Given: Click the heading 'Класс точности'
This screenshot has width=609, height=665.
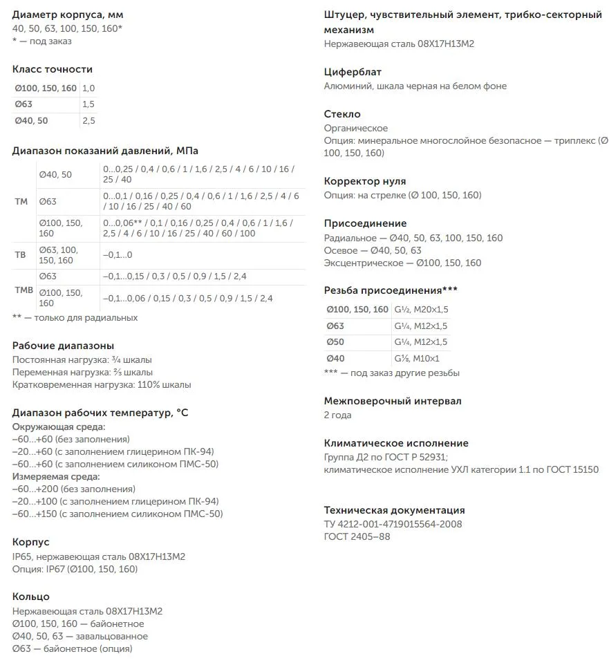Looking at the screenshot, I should point(53,69).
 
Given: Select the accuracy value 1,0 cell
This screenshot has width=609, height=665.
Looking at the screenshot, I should point(88,88).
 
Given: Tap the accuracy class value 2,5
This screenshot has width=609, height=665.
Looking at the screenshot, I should point(88,121).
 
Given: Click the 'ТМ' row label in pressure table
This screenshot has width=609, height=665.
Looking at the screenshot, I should point(21,201).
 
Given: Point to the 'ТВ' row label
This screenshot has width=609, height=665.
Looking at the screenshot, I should point(20,255).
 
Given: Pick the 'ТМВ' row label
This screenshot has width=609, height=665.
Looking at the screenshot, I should point(24,290).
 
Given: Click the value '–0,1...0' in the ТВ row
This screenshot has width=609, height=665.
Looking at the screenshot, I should point(118,255).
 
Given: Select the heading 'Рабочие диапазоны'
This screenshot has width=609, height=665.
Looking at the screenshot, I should point(63,346).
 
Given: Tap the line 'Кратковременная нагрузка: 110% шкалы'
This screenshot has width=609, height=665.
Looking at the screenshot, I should point(102,385).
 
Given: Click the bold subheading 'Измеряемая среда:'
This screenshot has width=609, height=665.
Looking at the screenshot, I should point(56,476).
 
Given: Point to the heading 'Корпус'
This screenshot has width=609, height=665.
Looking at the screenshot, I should point(31,542).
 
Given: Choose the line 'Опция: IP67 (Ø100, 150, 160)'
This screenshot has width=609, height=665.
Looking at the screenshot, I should point(75,569).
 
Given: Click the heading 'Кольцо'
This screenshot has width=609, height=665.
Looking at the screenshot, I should point(31,597).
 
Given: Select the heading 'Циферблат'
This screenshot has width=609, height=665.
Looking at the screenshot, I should point(353,72).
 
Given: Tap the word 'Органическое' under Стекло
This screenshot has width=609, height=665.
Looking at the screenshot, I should point(356,128).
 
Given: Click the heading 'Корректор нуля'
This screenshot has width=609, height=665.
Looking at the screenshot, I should point(365,181).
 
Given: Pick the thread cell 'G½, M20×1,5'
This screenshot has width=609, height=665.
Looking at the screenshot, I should point(421,309).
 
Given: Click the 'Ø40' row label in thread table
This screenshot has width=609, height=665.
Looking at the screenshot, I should point(335,358).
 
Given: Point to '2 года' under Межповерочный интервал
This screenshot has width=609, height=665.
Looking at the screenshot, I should point(338,415).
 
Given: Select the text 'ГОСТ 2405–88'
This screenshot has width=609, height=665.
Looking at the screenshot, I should point(357,536).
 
